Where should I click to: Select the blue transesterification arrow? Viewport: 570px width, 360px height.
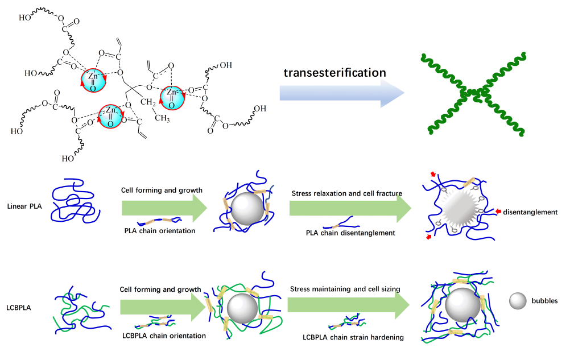(341, 93)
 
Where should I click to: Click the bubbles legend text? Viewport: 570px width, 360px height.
(544, 301)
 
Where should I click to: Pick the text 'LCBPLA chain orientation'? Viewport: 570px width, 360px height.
(164, 336)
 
